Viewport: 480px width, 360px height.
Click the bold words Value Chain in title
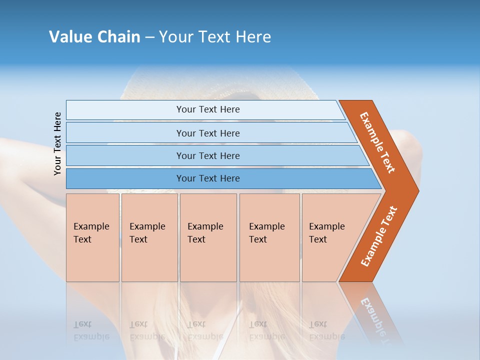94,36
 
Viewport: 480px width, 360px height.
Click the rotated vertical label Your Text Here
57,143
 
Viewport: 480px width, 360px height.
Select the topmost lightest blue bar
125,110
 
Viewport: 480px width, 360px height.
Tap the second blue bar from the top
125,133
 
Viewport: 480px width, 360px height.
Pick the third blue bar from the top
125,155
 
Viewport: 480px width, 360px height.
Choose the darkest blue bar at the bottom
125,178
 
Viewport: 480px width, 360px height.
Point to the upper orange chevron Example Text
377,142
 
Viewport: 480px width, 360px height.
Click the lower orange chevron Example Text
379,236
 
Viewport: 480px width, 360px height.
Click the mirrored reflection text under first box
91,330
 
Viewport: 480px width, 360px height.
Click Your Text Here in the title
215,36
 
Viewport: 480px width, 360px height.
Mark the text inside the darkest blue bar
208,178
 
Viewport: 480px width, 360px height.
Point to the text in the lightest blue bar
208,109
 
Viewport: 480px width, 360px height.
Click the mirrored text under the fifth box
326,330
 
